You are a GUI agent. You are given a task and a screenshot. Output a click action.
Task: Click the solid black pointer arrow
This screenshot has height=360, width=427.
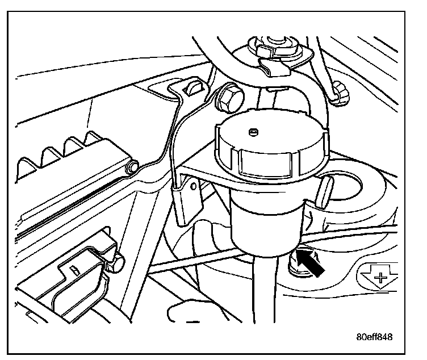click(312, 262)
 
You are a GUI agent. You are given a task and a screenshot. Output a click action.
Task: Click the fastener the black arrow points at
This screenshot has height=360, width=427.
click(296, 261)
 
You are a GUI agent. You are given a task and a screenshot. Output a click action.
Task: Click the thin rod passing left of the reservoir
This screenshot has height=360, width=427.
click(187, 261)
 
